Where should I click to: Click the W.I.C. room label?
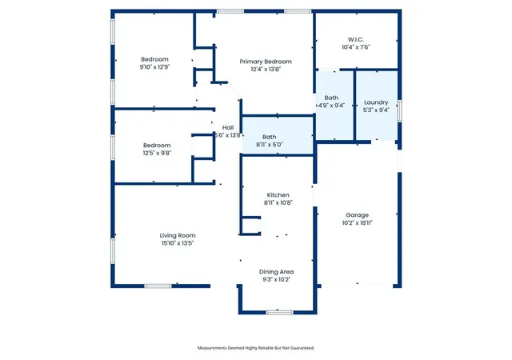(x=355, y=39)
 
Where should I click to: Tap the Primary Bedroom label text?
(x=266, y=62)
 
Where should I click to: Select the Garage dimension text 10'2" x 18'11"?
(x=358, y=222)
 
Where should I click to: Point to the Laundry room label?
(x=376, y=102)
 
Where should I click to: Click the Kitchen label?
(x=278, y=194)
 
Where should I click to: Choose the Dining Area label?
(x=276, y=272)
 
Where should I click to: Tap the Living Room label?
(x=178, y=235)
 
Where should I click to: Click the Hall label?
(x=228, y=128)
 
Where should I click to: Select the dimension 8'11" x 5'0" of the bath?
(x=269, y=144)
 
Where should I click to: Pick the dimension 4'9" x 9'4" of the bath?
(x=331, y=106)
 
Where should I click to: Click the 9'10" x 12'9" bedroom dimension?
(x=154, y=67)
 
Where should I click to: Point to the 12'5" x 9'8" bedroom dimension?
(x=157, y=153)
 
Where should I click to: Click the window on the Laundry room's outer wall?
(x=399, y=110)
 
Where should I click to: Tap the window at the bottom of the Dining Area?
(x=279, y=313)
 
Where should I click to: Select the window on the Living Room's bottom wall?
(x=158, y=286)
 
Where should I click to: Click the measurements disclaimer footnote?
(x=256, y=348)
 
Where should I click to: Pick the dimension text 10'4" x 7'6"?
(x=355, y=47)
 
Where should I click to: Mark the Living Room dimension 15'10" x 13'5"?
(x=178, y=243)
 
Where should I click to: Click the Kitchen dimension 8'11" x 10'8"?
(x=278, y=202)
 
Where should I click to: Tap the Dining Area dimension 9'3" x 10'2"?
(x=276, y=280)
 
